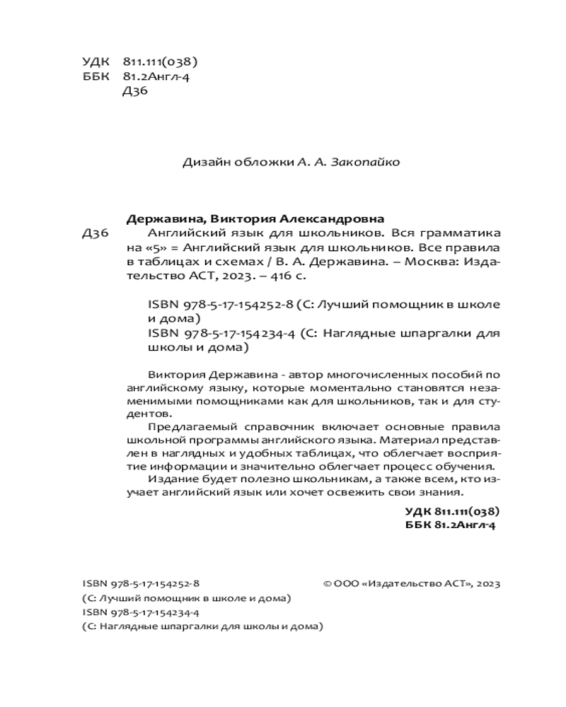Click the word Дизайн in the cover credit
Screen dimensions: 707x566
click(x=203, y=162)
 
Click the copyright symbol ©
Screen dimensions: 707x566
click(x=327, y=584)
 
